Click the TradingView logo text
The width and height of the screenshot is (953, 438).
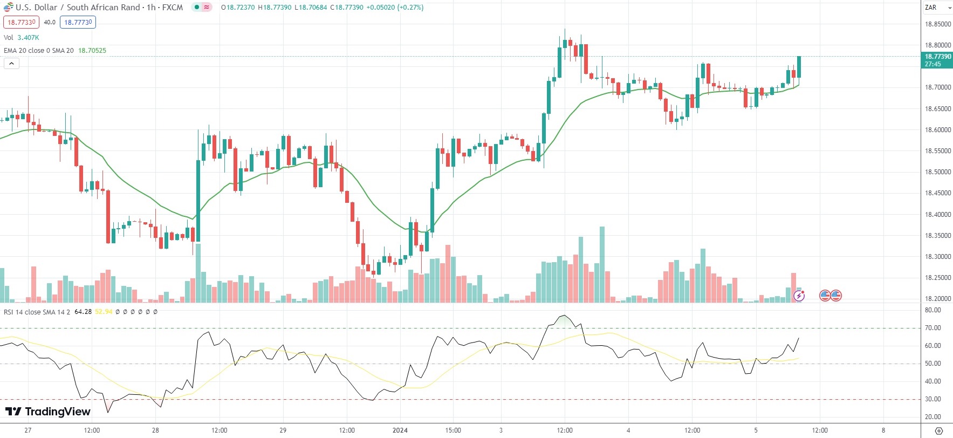57,412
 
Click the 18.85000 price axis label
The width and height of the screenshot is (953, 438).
938,24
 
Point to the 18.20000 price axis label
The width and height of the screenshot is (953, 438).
938,299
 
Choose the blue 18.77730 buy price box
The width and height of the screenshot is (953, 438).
78,22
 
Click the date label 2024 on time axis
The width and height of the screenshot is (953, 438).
400,430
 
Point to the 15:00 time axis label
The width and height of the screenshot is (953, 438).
453,430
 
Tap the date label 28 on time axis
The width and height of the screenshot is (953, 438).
155,430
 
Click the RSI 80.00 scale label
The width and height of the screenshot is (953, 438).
933,310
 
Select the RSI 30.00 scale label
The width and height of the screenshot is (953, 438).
933,399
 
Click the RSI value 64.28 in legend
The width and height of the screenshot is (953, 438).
83,312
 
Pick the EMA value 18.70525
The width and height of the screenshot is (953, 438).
92,51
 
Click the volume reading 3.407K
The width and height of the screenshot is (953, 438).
28,38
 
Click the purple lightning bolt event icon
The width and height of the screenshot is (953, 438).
799,296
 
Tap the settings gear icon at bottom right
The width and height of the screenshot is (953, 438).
938,430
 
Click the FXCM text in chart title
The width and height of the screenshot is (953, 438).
173,8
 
